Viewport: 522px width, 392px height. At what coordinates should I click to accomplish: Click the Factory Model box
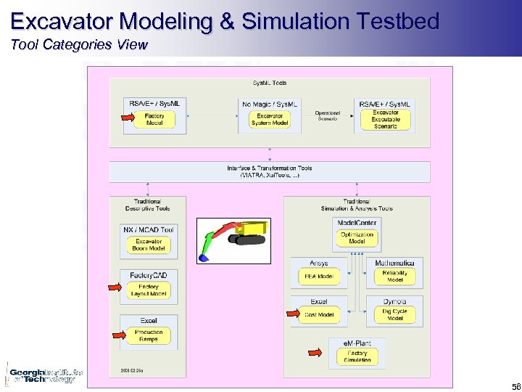(x=154, y=120)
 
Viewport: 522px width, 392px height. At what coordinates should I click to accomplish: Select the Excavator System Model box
(x=270, y=120)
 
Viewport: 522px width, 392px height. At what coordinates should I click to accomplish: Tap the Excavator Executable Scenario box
(x=386, y=119)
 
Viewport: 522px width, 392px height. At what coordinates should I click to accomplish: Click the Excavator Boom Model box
(x=149, y=245)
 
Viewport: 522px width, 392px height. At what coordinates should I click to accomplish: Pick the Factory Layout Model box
(x=149, y=290)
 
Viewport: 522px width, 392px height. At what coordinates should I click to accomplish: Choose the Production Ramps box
(x=148, y=335)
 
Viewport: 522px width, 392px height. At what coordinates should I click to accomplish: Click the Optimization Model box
(x=357, y=238)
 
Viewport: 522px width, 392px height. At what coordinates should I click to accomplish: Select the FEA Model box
(x=319, y=277)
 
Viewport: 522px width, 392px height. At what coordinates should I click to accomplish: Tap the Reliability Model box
(x=394, y=277)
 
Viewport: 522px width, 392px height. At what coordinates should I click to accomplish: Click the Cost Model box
(x=319, y=314)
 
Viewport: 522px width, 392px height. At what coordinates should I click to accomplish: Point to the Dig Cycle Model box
(x=394, y=314)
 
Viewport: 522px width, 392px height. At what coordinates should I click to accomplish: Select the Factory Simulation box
(x=357, y=356)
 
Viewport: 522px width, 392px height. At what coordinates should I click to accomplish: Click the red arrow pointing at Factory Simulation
(x=315, y=353)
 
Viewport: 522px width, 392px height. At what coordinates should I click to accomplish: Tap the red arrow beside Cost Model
(x=292, y=314)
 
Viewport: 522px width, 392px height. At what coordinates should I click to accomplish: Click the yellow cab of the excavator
(x=254, y=230)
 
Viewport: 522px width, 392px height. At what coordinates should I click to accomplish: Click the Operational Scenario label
(x=328, y=116)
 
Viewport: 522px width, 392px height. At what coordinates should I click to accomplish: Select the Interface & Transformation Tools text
(x=269, y=171)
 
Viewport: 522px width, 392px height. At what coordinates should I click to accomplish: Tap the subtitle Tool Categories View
(x=79, y=44)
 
